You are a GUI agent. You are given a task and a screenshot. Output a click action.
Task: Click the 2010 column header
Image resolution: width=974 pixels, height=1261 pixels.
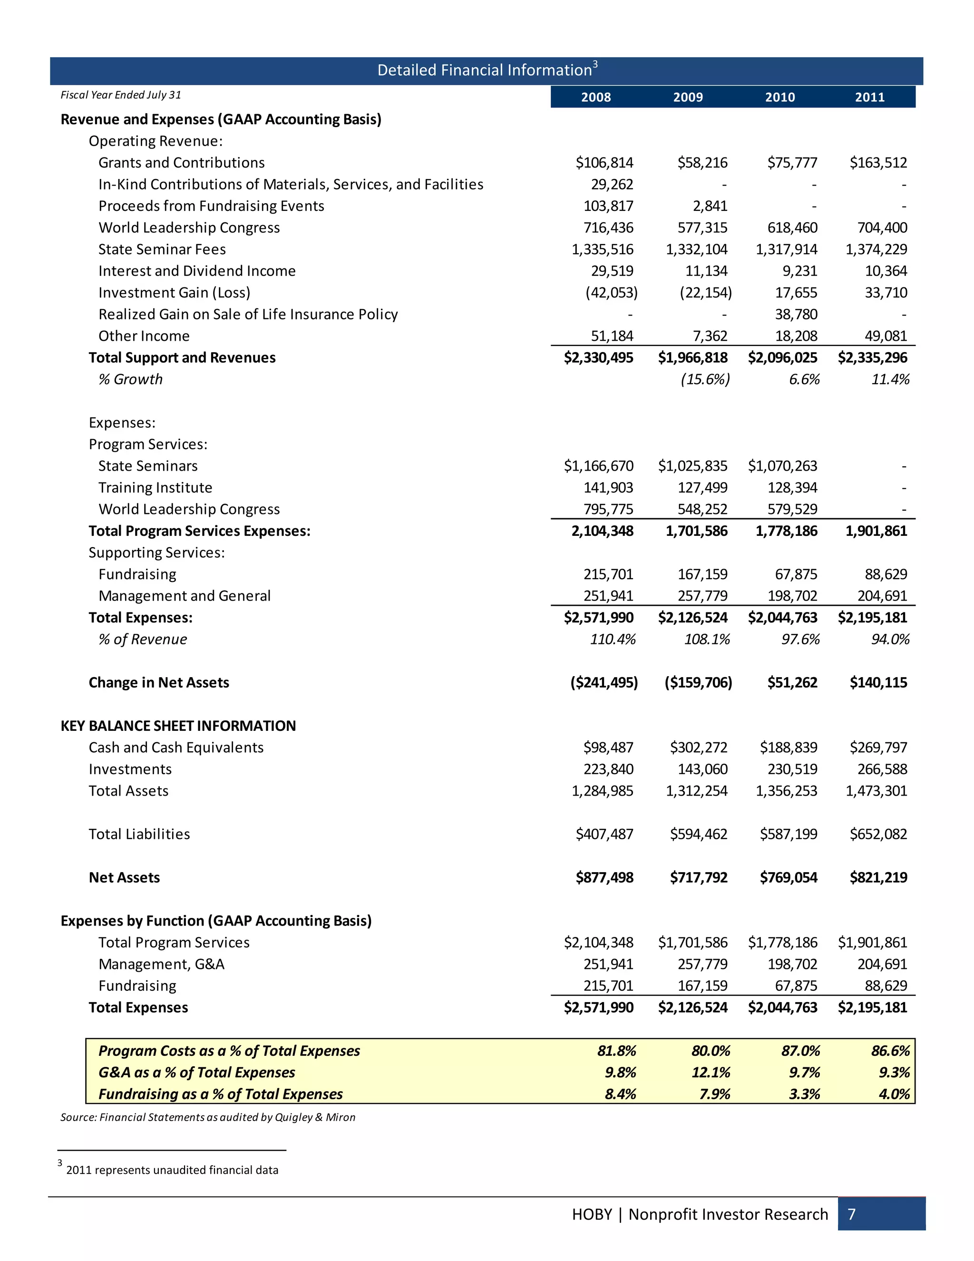[x=779, y=97]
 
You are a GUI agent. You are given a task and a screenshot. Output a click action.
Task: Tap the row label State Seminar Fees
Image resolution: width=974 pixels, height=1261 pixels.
[x=162, y=249]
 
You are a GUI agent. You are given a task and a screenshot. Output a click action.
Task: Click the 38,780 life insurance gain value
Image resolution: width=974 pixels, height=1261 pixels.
[x=796, y=314]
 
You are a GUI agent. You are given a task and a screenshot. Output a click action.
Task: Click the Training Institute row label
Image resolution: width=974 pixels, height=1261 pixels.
[x=155, y=487]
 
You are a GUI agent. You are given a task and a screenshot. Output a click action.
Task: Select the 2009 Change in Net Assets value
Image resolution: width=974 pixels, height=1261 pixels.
[x=698, y=682]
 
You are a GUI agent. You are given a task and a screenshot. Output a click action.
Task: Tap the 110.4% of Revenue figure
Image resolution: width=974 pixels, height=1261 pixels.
[x=612, y=639]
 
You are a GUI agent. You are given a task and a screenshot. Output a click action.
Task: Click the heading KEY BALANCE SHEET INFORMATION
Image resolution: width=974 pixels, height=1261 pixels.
[x=178, y=726]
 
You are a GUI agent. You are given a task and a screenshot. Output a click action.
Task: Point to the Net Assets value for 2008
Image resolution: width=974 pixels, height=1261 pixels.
[x=604, y=877]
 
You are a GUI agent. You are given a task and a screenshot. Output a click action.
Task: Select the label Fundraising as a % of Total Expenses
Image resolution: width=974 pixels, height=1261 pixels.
[x=220, y=1094]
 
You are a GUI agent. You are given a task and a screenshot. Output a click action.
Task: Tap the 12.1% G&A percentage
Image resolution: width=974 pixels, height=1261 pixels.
[x=711, y=1072]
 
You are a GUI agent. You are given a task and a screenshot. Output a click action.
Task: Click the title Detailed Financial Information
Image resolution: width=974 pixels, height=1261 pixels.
[x=485, y=70]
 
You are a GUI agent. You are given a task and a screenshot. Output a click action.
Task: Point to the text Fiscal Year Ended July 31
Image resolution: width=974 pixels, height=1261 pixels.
[x=121, y=95]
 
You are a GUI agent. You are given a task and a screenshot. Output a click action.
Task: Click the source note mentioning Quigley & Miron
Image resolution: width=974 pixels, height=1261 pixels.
[x=208, y=1117]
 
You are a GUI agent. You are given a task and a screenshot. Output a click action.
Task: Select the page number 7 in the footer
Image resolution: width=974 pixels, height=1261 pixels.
[x=851, y=1214]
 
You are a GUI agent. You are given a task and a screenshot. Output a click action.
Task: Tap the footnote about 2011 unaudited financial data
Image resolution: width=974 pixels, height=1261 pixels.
[x=171, y=1170]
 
